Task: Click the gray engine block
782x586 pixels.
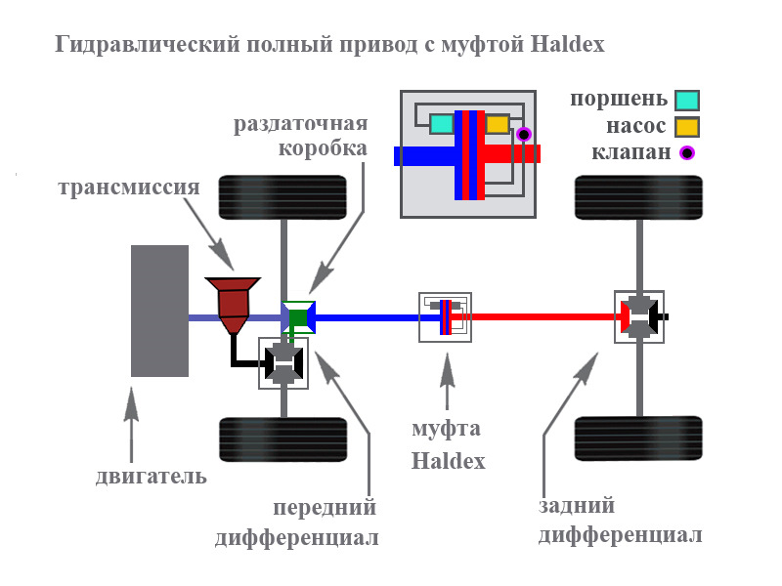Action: (159, 311)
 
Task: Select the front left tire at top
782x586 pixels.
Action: (282, 197)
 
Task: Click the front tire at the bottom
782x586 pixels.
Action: (282, 439)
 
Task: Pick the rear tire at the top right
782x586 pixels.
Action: (639, 197)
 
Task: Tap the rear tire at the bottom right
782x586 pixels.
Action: (639, 439)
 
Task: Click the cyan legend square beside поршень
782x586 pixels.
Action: (688, 100)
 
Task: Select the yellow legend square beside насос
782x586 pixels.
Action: (688, 126)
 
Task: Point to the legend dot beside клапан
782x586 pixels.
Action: (688, 151)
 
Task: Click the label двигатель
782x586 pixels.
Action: (152, 478)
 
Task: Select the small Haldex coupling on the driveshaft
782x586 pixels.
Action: (445, 316)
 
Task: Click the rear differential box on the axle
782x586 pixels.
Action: (638, 316)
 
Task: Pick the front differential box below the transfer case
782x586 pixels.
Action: (283, 363)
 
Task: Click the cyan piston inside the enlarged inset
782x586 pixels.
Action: (442, 124)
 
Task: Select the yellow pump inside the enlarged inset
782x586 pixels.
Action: (498, 124)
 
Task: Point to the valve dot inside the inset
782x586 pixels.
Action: (524, 134)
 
